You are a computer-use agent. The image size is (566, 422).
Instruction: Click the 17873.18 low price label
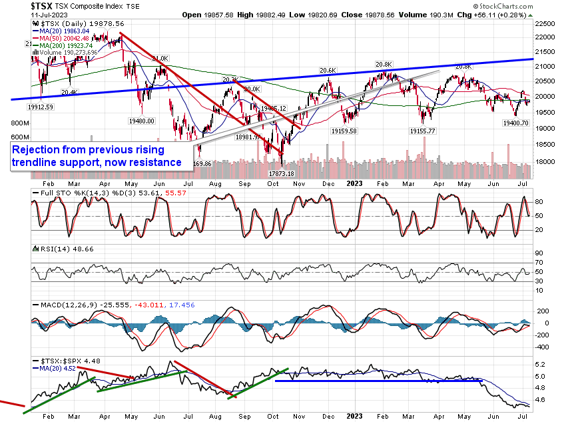pyautogui.click(x=282, y=173)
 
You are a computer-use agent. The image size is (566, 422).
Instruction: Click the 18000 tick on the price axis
pyautogui.click(x=547, y=161)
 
